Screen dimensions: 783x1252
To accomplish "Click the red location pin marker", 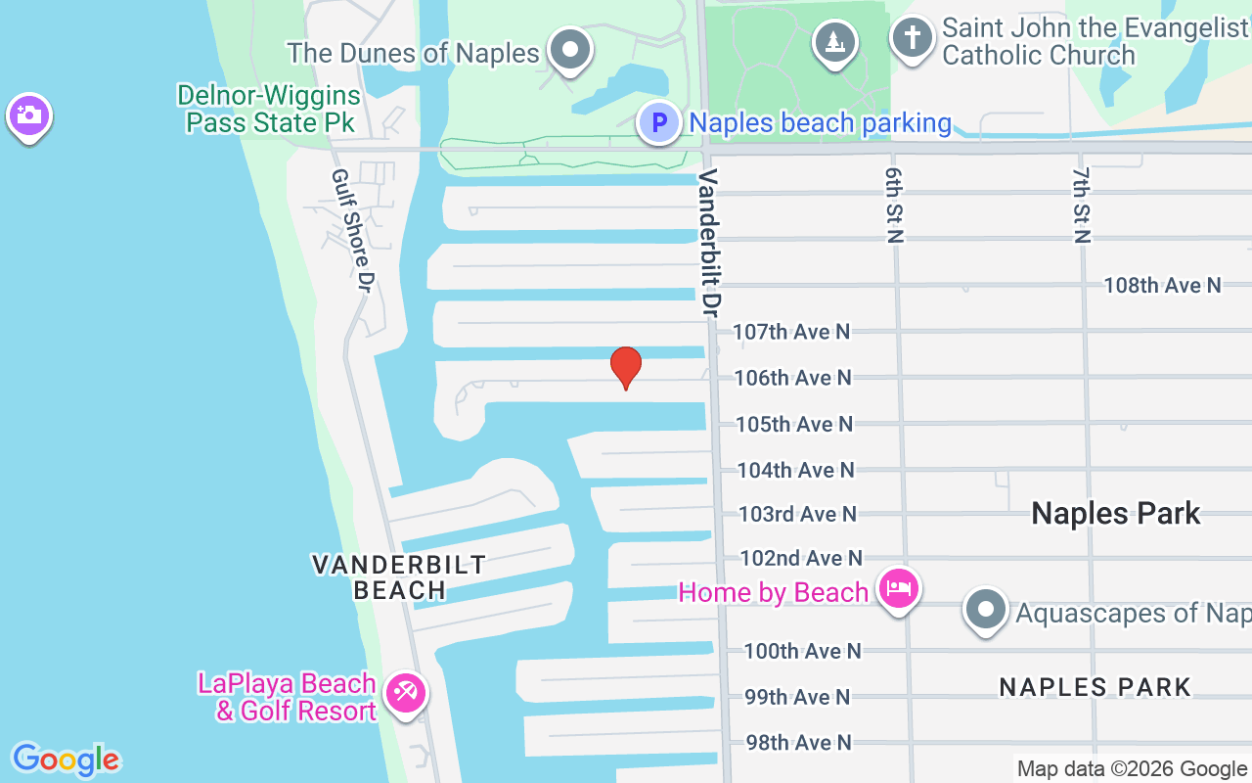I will pyautogui.click(x=626, y=368).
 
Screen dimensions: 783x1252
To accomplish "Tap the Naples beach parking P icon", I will pyautogui.click(x=659, y=123).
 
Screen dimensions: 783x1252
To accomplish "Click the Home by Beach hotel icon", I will pyautogui.click(x=898, y=588).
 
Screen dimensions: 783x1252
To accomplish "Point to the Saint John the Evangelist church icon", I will pyautogui.click(x=912, y=38).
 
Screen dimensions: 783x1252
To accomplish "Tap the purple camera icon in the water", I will pyautogui.click(x=28, y=115).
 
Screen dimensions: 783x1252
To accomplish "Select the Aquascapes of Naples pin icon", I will pyautogui.click(x=985, y=609).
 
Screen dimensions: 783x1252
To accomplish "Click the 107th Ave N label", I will pyautogui.click(x=791, y=332).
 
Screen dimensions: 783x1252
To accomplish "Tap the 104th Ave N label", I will pyautogui.click(x=795, y=470).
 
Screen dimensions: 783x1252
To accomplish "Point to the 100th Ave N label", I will pyautogui.click(x=802, y=651).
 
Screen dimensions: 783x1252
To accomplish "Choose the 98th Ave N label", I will pyautogui.click(x=797, y=743).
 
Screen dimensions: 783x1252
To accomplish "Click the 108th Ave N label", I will pyautogui.click(x=1162, y=285).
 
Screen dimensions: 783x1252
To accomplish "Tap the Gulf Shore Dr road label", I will pyautogui.click(x=353, y=231).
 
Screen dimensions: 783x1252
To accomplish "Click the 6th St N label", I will pyautogui.click(x=893, y=205).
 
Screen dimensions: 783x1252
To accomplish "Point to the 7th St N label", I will pyautogui.click(x=1081, y=205).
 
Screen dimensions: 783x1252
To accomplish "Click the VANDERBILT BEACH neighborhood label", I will pyautogui.click(x=399, y=576).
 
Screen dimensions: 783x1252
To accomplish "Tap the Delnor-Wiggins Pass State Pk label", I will pyautogui.click(x=269, y=110).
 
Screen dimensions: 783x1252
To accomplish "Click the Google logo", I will pyautogui.click(x=67, y=760).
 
